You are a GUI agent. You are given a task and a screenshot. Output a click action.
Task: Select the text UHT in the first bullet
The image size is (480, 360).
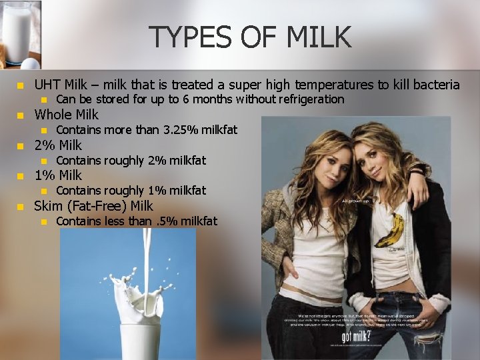[x=47, y=85]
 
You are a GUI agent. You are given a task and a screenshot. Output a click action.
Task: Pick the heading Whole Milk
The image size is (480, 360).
[x=66, y=115]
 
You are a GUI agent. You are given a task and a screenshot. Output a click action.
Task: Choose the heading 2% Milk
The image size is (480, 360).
[x=58, y=145]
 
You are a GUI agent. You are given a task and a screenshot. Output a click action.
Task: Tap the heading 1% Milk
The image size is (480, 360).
[x=58, y=175]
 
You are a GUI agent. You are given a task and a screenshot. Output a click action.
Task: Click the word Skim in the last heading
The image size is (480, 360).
[x=48, y=206]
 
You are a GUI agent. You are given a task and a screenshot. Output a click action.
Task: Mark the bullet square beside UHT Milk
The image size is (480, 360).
[x=20, y=85]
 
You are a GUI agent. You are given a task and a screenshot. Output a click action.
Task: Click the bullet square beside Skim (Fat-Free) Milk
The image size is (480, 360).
[x=20, y=207]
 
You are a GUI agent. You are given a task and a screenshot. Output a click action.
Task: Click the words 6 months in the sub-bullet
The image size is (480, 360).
[x=191, y=99]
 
